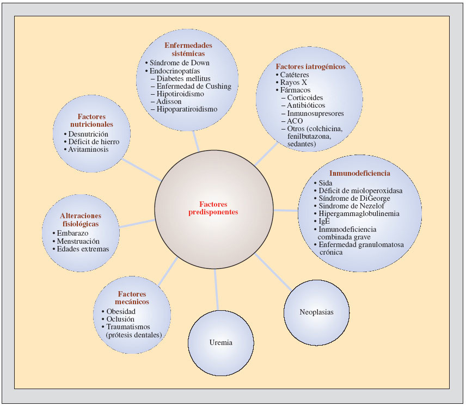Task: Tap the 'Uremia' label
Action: pyautogui.click(x=220, y=342)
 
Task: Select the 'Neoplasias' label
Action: pyautogui.click(x=316, y=312)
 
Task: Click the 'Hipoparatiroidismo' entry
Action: pyautogui.click(x=187, y=109)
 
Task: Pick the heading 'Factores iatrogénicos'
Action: pyautogui.click(x=310, y=66)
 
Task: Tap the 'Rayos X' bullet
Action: pyautogui.click(x=294, y=82)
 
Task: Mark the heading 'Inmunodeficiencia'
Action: pyautogui.click(x=359, y=173)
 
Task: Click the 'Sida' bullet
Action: pyautogui.click(x=325, y=183)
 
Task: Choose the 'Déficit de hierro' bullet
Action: pyautogui.click(x=94, y=142)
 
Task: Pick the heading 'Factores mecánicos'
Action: pyautogui.click(x=133, y=298)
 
